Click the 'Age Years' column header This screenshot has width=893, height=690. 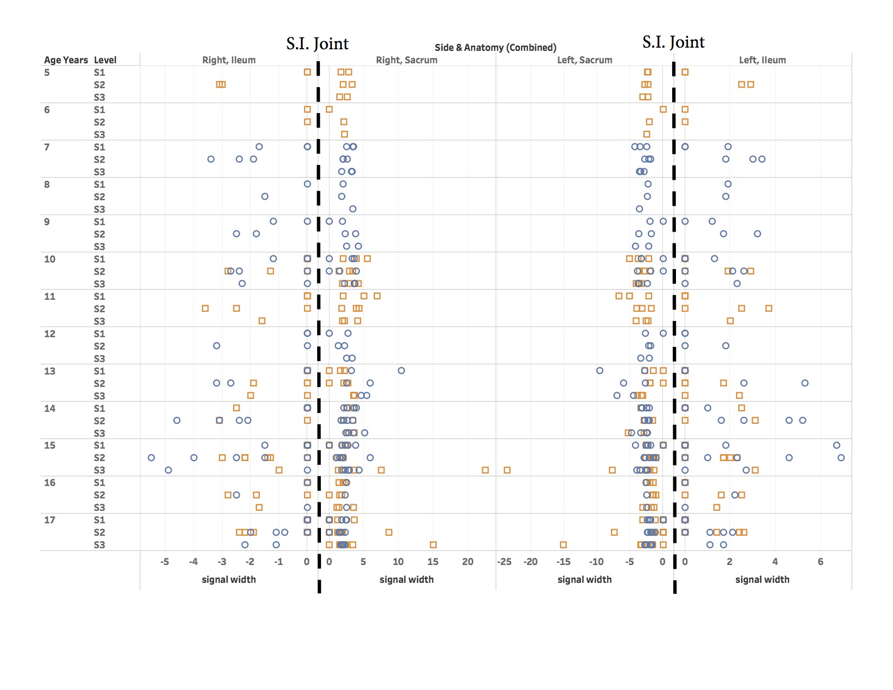pos(65,60)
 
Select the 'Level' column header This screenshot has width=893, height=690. pos(105,60)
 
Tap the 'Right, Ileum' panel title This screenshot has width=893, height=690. pos(228,60)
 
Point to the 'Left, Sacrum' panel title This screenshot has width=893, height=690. pos(585,60)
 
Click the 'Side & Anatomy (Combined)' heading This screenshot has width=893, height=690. pos(495,48)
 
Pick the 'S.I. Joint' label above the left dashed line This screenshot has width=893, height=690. pos(318,43)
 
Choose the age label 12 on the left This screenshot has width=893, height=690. pos(50,334)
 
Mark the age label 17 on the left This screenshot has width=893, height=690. pos(50,520)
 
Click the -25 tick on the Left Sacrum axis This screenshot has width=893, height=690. pos(504,562)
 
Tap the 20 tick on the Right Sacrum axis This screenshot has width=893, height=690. pos(468,562)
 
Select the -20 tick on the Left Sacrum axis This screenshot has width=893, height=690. pos(530,562)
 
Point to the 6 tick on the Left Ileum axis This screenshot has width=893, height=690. pos(820,562)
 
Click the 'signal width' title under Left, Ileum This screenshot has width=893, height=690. pos(762,580)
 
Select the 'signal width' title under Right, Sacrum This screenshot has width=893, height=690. pos(406,580)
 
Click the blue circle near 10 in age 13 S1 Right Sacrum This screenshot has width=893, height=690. pos(401,371)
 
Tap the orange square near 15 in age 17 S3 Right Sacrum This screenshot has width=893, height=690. pos(433,544)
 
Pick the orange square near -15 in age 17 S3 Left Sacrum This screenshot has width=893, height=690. pos(563,544)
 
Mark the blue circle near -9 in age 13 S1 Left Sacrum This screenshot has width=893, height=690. pos(600,371)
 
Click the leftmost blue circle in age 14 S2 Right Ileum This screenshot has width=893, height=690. pos(176,420)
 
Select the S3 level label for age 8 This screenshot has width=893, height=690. pos(100,209)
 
